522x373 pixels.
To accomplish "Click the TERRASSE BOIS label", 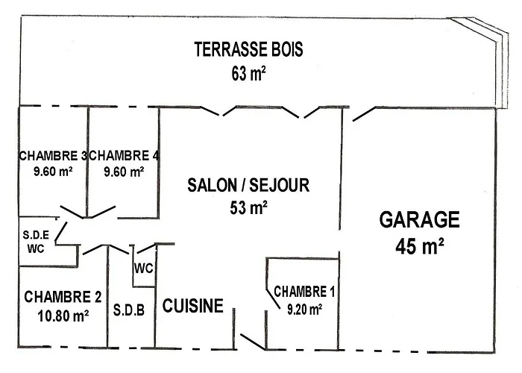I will point(248,50).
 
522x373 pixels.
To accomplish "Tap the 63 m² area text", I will point(249,73).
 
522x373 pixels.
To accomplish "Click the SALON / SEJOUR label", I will point(248,185).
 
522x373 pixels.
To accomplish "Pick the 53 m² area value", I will point(249,207).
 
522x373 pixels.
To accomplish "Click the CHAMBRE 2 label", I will point(63,297).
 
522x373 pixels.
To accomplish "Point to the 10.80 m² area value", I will point(63,315).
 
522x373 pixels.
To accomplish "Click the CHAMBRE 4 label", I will point(124,156).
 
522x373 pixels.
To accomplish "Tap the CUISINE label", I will point(193,305).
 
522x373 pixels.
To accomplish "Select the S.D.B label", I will point(129,309).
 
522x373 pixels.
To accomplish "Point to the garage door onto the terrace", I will point(363,113).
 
